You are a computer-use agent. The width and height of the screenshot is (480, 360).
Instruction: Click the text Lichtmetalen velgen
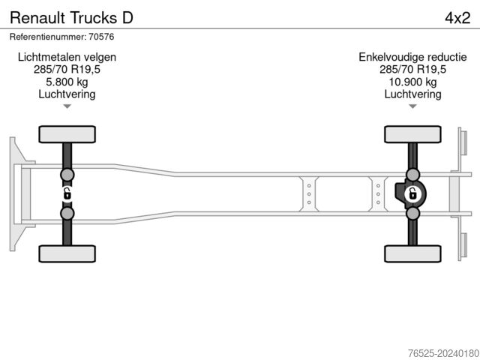67,57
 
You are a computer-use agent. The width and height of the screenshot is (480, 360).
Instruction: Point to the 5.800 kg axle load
67,82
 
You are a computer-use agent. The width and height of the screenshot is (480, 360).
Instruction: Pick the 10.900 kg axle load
412,82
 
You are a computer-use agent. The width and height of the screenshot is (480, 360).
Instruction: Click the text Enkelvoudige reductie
412,57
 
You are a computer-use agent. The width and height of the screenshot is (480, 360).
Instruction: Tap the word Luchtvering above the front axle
67,94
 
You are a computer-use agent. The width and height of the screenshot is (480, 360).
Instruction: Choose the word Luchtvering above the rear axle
412,94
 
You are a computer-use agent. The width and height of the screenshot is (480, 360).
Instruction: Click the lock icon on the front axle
67,195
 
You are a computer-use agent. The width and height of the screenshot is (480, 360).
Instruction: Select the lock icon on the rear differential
412,195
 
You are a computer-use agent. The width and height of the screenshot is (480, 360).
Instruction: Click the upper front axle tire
67,134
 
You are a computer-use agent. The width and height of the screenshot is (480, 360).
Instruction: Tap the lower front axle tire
67,253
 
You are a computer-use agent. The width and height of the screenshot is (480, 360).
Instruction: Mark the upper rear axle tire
412,134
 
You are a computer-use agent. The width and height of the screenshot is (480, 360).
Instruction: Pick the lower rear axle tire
412,253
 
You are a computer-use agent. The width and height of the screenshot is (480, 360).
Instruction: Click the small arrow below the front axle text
67,106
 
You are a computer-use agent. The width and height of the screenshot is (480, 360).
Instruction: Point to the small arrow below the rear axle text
412,106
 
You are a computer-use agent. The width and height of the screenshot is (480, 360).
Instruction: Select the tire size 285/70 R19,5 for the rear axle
412,70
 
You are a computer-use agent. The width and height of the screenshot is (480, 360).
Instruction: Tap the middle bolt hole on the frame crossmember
308,195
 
